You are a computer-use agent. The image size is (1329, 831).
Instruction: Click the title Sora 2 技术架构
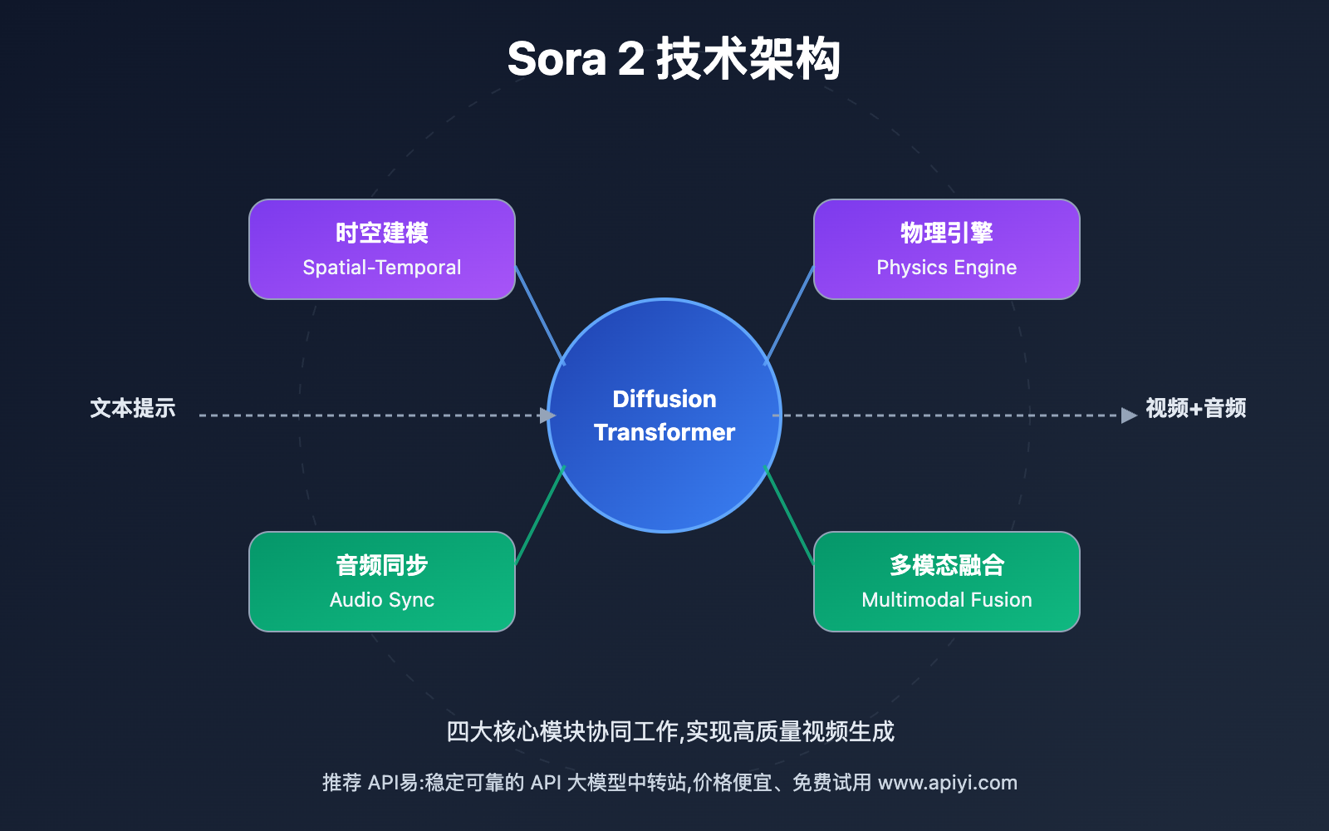[673, 60]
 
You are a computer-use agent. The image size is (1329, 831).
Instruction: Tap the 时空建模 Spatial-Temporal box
[382, 249]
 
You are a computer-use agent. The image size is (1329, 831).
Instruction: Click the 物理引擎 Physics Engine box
[947, 249]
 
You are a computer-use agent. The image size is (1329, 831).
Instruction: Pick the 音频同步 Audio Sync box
[382, 582]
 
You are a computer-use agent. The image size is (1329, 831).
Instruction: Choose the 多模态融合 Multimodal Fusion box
[947, 582]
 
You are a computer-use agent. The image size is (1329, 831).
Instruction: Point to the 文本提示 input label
[133, 408]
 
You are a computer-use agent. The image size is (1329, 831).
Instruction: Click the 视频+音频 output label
[1195, 408]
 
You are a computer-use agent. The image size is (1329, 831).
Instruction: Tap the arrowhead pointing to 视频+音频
[1129, 415]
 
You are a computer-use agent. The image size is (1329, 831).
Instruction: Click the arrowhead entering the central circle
[547, 415]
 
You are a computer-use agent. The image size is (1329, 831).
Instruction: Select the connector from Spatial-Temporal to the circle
[540, 315]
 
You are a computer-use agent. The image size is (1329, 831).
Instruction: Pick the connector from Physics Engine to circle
[789, 315]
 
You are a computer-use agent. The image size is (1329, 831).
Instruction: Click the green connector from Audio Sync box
[540, 515]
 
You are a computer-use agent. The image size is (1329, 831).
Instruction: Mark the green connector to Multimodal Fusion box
[789, 515]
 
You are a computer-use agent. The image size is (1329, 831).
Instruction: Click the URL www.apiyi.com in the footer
[947, 783]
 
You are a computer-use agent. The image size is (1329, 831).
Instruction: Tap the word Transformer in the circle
[664, 432]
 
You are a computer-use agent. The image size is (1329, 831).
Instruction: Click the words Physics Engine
[947, 268]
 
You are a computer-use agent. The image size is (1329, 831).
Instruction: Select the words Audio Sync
[382, 600]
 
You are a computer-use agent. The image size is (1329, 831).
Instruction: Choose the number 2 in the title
[631, 60]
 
